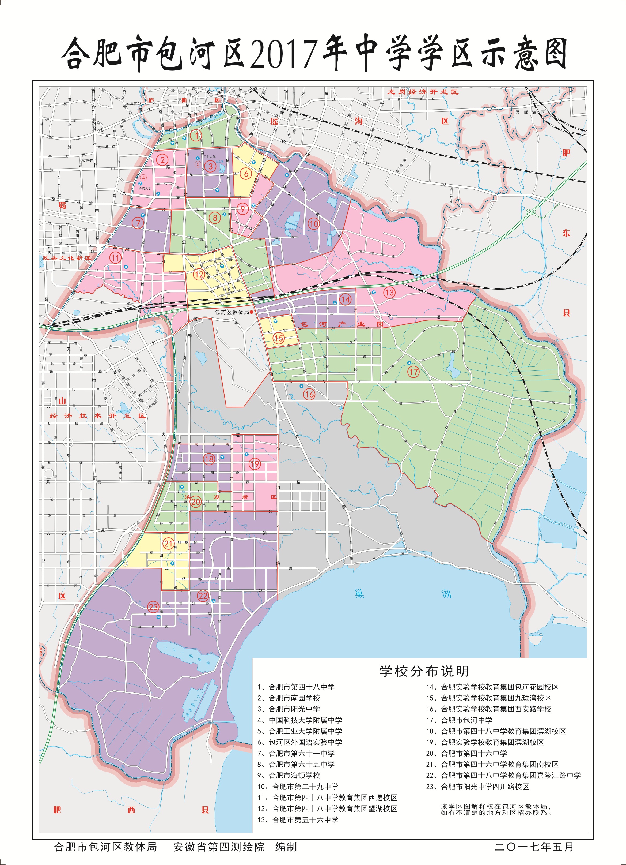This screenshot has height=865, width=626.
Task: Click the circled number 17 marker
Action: tap(413, 372)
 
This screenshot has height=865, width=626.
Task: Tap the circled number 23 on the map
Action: tap(153, 607)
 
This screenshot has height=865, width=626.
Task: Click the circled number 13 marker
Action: tap(389, 293)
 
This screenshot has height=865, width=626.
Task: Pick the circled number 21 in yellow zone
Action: tap(168, 544)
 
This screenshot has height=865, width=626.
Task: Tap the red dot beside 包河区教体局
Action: tap(252, 312)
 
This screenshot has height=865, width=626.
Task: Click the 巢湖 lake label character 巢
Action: tap(359, 594)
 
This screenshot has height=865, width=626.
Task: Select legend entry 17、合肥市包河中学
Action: tap(459, 720)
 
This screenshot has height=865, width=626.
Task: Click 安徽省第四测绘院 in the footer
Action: tap(219, 847)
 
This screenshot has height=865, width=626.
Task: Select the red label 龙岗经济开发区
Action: tap(423, 92)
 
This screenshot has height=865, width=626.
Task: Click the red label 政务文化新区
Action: tap(67, 258)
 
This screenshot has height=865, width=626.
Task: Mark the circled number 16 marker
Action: tap(309, 394)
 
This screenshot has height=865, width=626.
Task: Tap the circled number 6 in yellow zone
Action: tap(246, 174)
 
